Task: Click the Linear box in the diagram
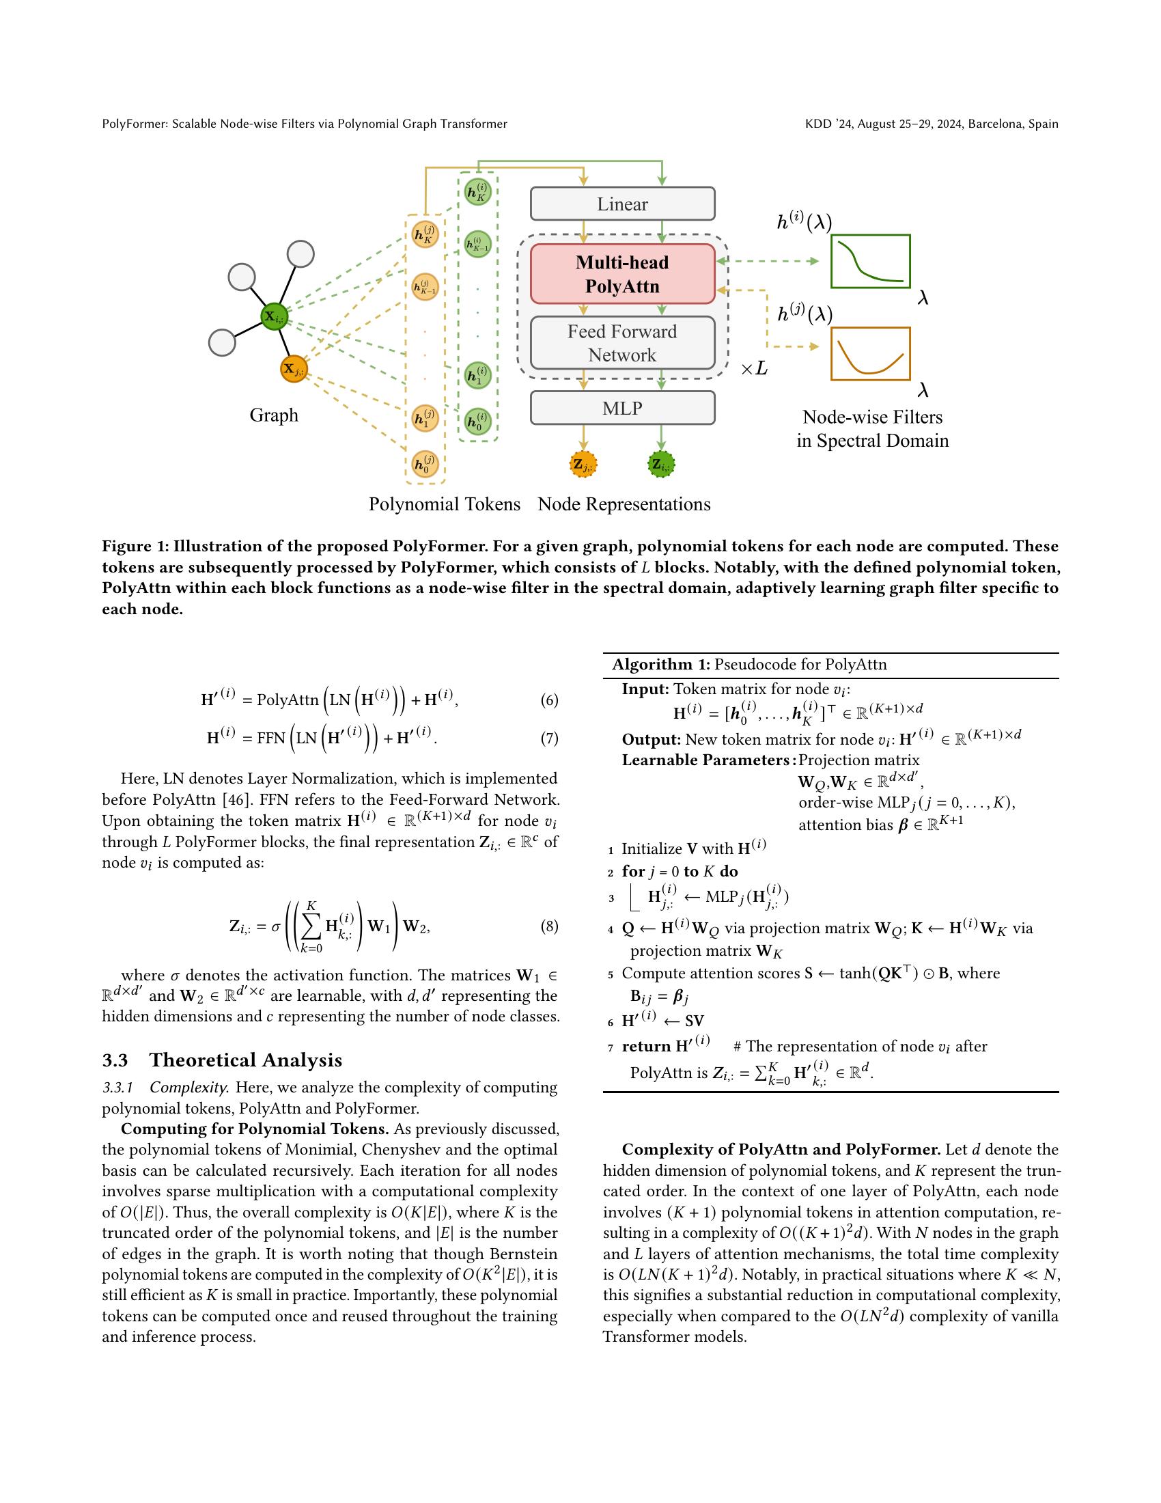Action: click(x=621, y=204)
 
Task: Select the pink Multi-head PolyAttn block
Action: click(x=621, y=274)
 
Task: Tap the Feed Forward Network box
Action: click(x=621, y=343)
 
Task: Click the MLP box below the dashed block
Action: click(x=621, y=408)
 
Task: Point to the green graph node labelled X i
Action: click(x=274, y=316)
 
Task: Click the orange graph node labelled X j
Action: click(x=294, y=369)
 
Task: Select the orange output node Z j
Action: click(x=583, y=465)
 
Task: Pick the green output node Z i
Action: click(x=661, y=465)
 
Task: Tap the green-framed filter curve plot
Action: click(x=870, y=261)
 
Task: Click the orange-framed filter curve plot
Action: click(x=870, y=353)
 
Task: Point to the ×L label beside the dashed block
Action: click(x=754, y=369)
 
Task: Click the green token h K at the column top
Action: click(x=477, y=192)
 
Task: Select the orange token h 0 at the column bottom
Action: click(x=425, y=464)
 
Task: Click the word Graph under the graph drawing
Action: click(x=274, y=415)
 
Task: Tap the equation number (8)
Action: click(x=549, y=926)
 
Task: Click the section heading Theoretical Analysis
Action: click(x=246, y=1060)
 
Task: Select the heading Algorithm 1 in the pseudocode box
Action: click(x=660, y=664)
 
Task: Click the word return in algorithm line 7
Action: click(x=647, y=1047)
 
